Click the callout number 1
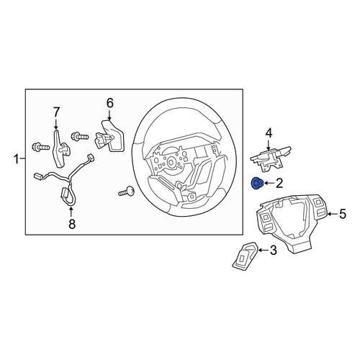click(17, 159)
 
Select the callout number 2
click(279, 184)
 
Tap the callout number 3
click(274, 250)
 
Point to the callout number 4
click(269, 133)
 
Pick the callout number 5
click(343, 214)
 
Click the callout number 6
click(109, 104)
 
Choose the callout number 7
click(56, 112)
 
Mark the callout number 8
click(72, 224)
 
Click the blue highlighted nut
click(257, 184)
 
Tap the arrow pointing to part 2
click(269, 184)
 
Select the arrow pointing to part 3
click(264, 250)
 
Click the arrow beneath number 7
click(56, 125)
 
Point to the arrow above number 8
click(71, 212)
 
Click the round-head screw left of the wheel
click(127, 191)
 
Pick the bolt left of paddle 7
click(40, 146)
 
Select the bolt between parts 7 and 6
click(80, 137)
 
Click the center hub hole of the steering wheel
click(171, 162)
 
